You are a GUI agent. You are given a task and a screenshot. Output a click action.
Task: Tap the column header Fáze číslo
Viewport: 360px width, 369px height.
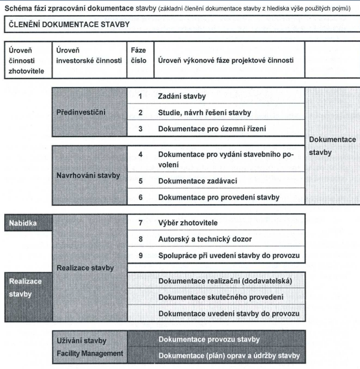pos(138,56)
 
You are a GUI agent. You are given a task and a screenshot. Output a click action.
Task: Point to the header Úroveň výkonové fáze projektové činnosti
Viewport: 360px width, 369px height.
pos(225,60)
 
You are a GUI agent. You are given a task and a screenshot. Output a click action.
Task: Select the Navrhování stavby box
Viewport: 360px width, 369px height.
pos(88,175)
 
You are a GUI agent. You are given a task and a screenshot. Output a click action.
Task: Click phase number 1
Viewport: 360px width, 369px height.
pos(140,97)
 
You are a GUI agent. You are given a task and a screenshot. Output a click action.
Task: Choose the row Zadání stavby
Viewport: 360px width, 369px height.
pos(182,97)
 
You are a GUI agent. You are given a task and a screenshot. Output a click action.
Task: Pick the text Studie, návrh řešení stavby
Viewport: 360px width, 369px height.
pos(204,112)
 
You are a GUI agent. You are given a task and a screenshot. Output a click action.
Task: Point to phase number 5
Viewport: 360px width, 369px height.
pos(140,181)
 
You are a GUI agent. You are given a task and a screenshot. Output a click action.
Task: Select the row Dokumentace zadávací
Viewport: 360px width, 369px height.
pos(198,181)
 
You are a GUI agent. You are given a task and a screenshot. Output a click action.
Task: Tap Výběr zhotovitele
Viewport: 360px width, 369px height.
pos(188,223)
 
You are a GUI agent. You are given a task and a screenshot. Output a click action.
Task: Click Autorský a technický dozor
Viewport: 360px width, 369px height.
pos(205,239)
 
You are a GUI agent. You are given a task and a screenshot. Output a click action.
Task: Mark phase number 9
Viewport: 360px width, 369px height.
pos(140,256)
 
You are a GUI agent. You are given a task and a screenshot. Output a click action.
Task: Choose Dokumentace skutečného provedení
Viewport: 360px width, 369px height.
pos(221,297)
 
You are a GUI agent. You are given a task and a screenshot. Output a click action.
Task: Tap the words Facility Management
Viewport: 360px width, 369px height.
pos(89,353)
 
